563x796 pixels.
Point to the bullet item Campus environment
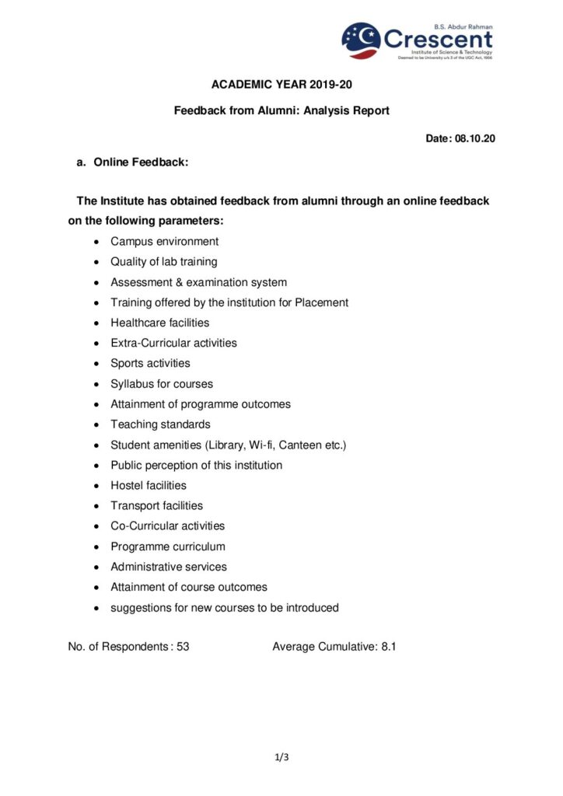[164, 242]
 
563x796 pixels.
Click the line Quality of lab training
[163, 262]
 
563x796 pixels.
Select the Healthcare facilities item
[159, 323]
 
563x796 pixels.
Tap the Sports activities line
[150, 363]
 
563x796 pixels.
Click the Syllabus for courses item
[161, 384]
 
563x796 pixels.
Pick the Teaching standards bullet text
[160, 424]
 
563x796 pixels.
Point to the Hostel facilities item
[149, 485]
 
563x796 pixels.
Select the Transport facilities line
[156, 505]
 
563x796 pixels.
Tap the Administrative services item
[169, 567]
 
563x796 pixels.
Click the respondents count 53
[183, 646]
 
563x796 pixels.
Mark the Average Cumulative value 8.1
[389, 646]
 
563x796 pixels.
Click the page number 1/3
[281, 756]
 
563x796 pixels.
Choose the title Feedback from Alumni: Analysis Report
[281, 111]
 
